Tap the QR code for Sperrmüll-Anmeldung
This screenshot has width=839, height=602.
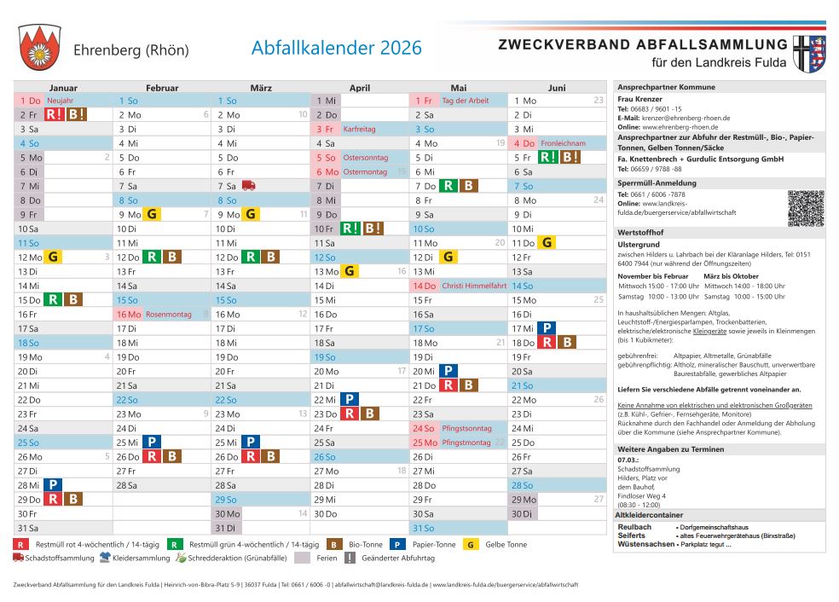pyautogui.click(x=806, y=208)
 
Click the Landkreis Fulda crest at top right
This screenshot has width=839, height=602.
pyautogui.click(x=810, y=53)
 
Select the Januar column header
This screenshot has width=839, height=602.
pyautogui.click(x=63, y=88)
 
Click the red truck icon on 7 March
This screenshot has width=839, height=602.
pyautogui.click(x=249, y=185)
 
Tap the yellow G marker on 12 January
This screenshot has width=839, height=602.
pyautogui.click(x=53, y=257)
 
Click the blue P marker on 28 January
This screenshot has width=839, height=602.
pyautogui.click(x=53, y=485)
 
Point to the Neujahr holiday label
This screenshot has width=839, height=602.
pyautogui.click(x=61, y=101)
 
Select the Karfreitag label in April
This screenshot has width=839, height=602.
pyautogui.click(x=359, y=130)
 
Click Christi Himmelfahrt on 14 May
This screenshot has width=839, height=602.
pyautogui.click(x=474, y=287)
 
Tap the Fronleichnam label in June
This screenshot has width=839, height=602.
pyautogui.click(x=563, y=143)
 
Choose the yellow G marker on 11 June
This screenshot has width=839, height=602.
pyautogui.click(x=547, y=243)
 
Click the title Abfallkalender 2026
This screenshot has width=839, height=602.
pyautogui.click(x=336, y=48)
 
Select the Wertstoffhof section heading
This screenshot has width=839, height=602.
pyautogui.click(x=640, y=232)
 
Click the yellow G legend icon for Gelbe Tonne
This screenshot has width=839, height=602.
pyautogui.click(x=471, y=544)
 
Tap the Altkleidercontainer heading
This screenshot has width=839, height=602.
pyautogui.click(x=649, y=515)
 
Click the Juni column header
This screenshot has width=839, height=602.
pyautogui.click(x=557, y=88)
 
